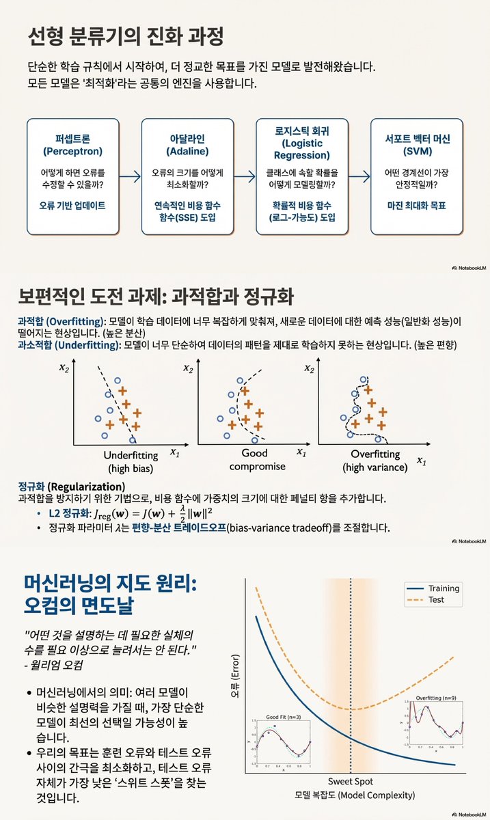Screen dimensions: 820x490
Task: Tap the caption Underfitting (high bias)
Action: (x=130, y=461)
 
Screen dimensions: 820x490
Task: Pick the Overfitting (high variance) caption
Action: (x=375, y=461)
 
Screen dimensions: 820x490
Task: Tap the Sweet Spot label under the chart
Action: (x=351, y=781)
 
